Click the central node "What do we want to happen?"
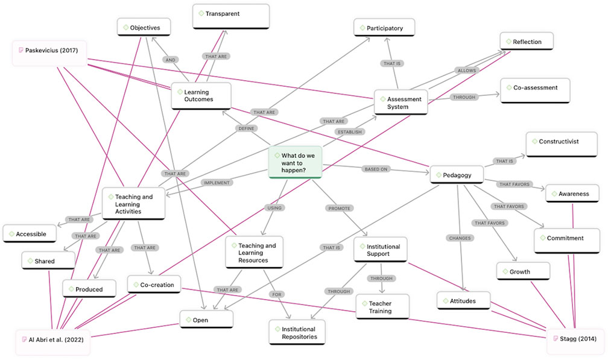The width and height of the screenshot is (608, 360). [295, 162]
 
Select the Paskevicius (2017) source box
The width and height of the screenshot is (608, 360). [49, 53]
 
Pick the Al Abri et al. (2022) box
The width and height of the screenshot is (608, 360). [52, 342]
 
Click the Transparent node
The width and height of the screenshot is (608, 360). [230, 16]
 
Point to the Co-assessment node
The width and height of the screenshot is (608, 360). [535, 90]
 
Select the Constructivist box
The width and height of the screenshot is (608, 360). [562, 145]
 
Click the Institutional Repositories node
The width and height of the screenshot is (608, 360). [297, 333]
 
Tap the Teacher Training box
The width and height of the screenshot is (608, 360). [382, 307]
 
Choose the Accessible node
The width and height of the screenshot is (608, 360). [30, 234]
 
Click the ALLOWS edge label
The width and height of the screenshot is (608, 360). [466, 71]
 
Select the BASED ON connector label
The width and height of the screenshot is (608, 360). [376, 169]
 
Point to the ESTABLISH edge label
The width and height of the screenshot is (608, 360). [349, 131]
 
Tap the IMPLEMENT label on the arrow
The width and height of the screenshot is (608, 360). [217, 183]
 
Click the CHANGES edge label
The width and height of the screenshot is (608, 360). [460, 238]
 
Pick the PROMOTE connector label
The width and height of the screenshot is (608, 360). [339, 208]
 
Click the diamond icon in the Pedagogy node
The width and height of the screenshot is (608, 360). [439, 175]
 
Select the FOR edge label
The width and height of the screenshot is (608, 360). [276, 294]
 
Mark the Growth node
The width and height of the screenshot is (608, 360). [523, 271]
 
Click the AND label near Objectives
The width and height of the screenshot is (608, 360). [170, 60]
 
